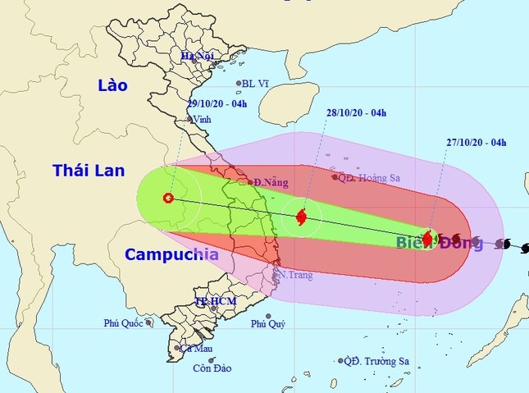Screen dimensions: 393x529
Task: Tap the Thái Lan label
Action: pyautogui.click(x=89, y=171)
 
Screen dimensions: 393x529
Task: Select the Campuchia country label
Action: pyautogui.click(x=171, y=254)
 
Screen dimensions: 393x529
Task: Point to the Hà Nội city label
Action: pyautogui.click(x=198, y=55)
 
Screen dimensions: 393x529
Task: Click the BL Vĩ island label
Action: pyautogui.click(x=258, y=83)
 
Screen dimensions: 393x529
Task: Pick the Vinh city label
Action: pyautogui.click(x=201, y=119)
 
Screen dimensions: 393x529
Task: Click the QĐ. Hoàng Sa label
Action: pyautogui.click(x=370, y=176)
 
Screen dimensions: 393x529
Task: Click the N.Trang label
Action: pyautogui.click(x=297, y=275)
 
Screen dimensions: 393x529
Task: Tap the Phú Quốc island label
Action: pyautogui.click(x=124, y=324)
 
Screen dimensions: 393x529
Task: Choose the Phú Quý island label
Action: pyautogui.click(x=267, y=324)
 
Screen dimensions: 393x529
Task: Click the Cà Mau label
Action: pyautogui.click(x=194, y=348)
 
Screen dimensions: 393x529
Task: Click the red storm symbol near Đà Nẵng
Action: pyautogui.click(x=301, y=217)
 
